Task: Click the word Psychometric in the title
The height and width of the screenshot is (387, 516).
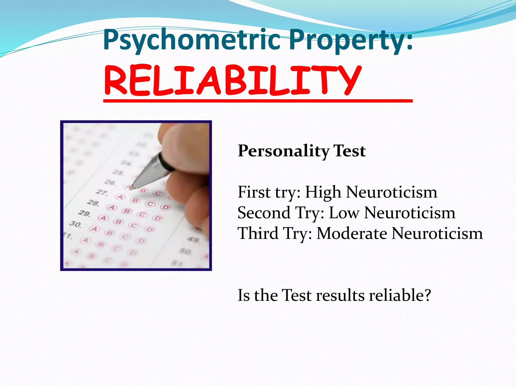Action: [x=191, y=40]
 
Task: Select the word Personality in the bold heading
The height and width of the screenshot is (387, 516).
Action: [x=283, y=151]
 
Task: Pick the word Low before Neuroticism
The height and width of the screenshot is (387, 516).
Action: [x=344, y=213]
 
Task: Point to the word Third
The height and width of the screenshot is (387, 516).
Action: [x=258, y=234]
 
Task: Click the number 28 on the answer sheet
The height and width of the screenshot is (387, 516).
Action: [x=93, y=203]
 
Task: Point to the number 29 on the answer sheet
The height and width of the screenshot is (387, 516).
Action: [x=84, y=213]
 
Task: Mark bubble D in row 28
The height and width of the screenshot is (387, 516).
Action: [x=166, y=208]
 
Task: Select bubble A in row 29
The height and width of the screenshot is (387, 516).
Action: [x=103, y=218]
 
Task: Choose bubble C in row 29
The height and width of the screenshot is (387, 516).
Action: [x=142, y=215]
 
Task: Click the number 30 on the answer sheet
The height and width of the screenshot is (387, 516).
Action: [x=75, y=224]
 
